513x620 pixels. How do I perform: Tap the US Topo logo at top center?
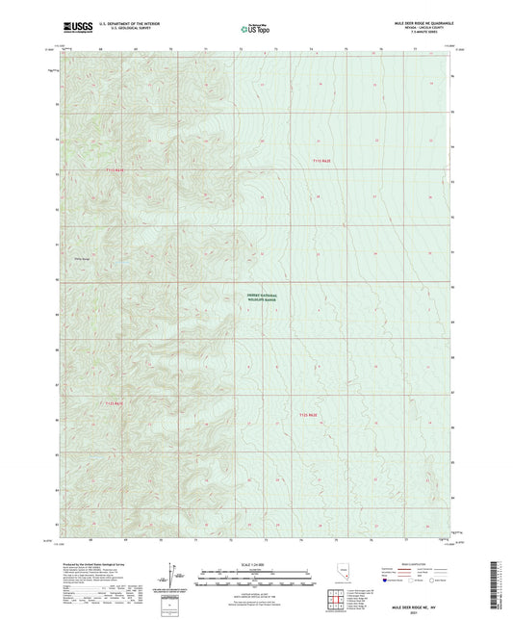[255, 29]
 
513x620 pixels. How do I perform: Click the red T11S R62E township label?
[329, 159]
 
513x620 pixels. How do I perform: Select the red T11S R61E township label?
[114, 169]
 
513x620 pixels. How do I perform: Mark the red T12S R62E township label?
[306, 415]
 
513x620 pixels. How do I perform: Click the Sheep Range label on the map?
[82, 257]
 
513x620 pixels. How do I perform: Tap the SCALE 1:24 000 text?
[255, 562]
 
